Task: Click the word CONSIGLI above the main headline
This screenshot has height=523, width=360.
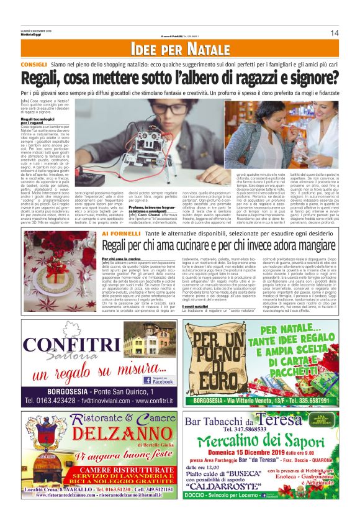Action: pyautogui.click(x=34, y=64)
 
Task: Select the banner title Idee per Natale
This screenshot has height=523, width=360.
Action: pyautogui.click(x=179, y=50)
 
